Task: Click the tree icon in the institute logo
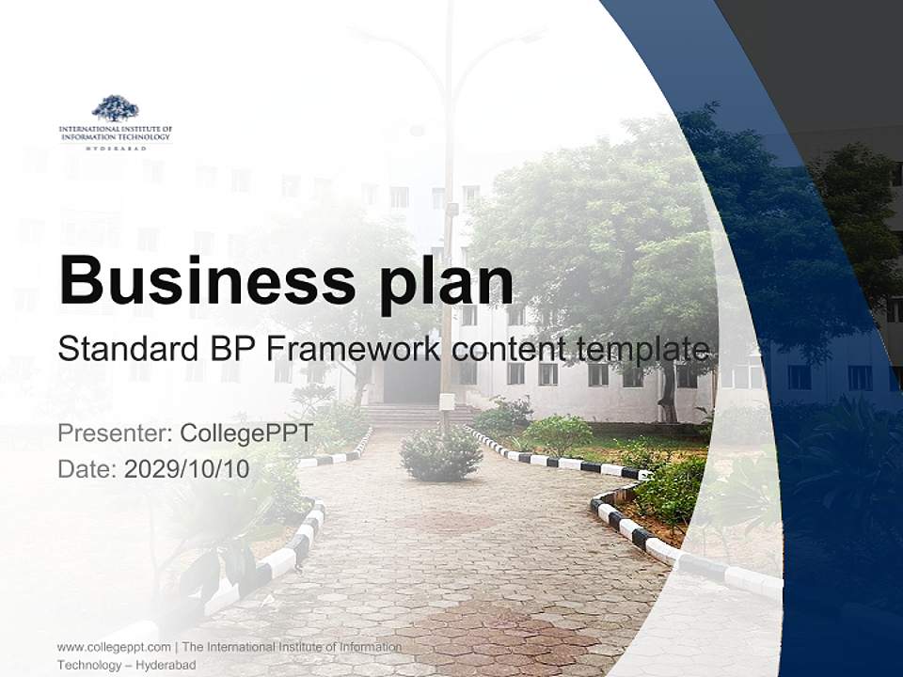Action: [115, 108]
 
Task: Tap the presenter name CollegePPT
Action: [246, 433]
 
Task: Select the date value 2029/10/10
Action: [187, 469]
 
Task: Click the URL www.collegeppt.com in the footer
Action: [114, 647]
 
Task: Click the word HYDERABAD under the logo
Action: [116, 148]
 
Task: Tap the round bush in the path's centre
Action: [440, 453]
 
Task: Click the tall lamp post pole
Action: [449, 235]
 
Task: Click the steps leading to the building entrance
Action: [409, 414]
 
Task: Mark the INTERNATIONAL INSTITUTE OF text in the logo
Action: [116, 128]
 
